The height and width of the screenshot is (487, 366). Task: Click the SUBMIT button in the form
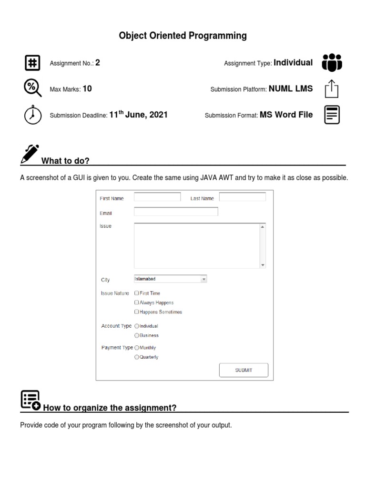coord(244,370)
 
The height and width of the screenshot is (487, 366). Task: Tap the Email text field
coord(176,212)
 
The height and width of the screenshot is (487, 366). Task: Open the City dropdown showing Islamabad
coord(171,280)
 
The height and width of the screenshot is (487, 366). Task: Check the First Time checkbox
coord(137,293)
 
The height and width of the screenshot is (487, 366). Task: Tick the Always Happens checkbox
coord(137,302)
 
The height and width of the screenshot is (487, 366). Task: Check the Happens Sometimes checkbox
coord(137,312)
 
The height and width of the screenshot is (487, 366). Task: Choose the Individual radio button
coord(137,326)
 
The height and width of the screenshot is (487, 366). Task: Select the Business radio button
coord(137,335)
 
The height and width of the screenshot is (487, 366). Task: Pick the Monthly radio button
coord(137,348)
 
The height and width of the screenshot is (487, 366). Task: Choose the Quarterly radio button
coord(137,357)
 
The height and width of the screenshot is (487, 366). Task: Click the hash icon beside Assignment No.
coord(32,63)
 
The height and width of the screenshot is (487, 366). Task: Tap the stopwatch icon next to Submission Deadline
coord(32,115)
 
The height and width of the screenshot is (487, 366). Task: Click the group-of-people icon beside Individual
coord(332,63)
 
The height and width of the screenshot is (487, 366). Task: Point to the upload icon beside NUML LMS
coord(332,89)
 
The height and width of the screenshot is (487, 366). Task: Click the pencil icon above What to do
coord(30,154)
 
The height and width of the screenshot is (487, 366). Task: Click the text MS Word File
coord(286,115)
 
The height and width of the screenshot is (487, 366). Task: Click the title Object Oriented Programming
coord(183,36)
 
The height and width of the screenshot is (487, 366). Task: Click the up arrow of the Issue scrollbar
coord(262,227)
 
